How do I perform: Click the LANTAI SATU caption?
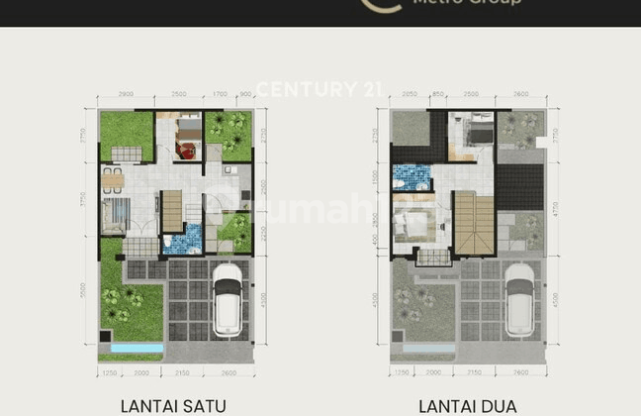[x=173, y=405]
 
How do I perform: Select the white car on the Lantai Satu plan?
[x=228, y=300]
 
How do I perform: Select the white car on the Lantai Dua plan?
[x=519, y=300]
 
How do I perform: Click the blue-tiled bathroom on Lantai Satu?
[x=182, y=240]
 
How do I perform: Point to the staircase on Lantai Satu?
[x=172, y=209]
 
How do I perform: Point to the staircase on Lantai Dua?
[x=473, y=225]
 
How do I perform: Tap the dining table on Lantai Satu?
[x=112, y=179]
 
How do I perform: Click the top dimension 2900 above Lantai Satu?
[x=126, y=93]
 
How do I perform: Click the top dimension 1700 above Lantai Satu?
[x=221, y=93]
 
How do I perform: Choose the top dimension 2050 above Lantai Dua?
[x=410, y=93]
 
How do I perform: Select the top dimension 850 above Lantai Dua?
[x=437, y=93]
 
